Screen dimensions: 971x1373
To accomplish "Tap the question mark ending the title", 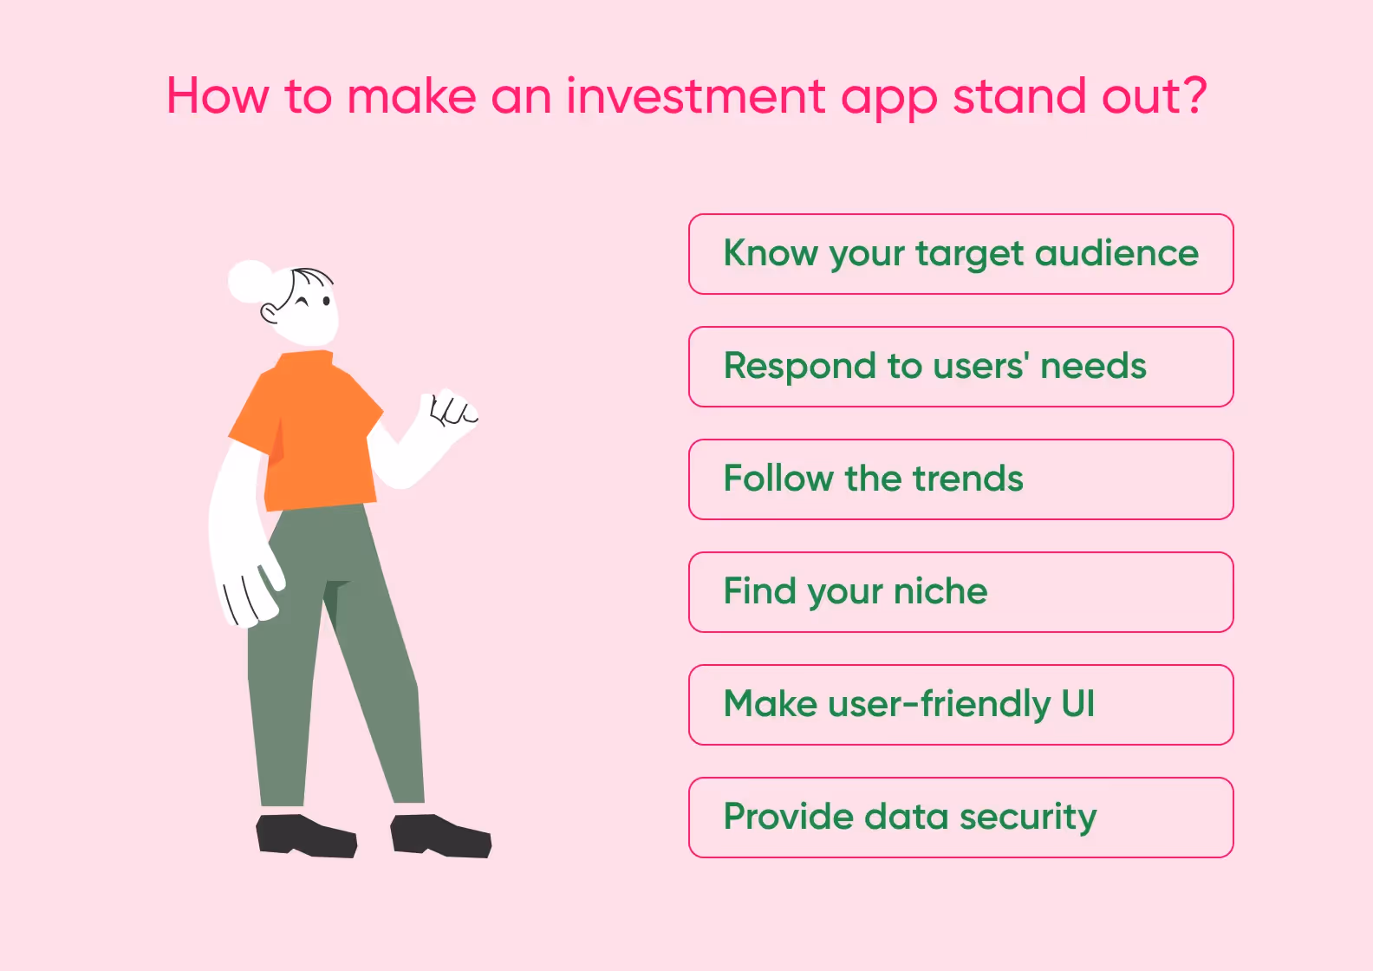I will [x=1195, y=95].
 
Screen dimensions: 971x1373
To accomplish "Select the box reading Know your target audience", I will [x=960, y=254].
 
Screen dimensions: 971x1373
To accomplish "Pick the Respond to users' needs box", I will [x=960, y=367].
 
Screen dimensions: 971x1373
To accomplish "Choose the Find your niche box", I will [x=960, y=592].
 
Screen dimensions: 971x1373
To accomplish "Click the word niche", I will [x=940, y=591].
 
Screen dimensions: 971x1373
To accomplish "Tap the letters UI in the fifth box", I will [x=1077, y=704].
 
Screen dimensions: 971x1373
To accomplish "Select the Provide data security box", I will [x=960, y=818].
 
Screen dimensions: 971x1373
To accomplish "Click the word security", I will [x=1027, y=818].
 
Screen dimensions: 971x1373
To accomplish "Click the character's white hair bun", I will [x=250, y=282].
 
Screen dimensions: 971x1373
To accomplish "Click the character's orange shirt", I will [x=316, y=433].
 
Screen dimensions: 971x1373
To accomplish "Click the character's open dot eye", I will [x=326, y=302].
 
